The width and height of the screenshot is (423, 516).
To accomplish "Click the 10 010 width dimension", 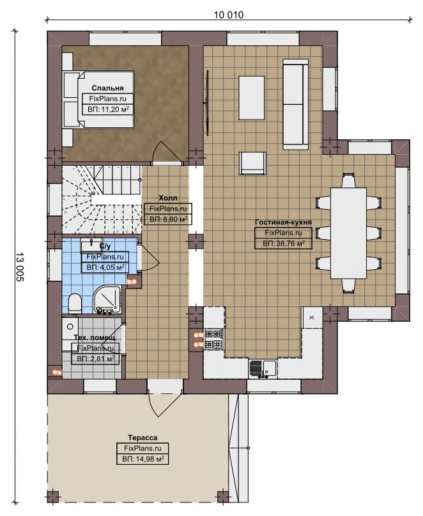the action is (x=229, y=15).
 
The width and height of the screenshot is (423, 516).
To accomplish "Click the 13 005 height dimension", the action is (x=20, y=267).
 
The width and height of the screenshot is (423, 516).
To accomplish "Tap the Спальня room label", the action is (x=107, y=88).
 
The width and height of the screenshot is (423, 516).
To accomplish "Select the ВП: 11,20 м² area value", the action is (x=108, y=109).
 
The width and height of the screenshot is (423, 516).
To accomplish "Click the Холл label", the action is (x=168, y=198).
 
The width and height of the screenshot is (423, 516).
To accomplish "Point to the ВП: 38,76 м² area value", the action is (x=284, y=244).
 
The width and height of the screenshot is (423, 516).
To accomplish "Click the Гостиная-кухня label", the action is (x=283, y=222).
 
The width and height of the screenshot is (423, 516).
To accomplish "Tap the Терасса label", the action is (x=142, y=437).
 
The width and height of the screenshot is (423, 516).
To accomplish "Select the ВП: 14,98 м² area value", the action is (x=142, y=458).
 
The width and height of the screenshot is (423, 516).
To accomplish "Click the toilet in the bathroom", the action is (x=75, y=302).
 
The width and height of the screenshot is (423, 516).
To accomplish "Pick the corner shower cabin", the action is (x=107, y=300).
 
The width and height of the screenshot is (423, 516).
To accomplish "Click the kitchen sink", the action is (x=263, y=368).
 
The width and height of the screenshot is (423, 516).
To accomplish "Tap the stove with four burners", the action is (x=214, y=339).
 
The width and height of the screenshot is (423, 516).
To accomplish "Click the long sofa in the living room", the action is (x=295, y=104).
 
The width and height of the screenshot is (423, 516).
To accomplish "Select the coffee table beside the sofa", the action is (x=252, y=98).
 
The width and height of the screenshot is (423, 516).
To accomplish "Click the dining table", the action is (x=348, y=233).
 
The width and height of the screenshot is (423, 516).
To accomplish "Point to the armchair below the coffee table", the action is (x=252, y=163).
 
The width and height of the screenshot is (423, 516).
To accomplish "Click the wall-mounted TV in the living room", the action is (x=207, y=102).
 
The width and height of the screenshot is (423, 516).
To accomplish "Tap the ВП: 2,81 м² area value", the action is (x=95, y=359).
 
